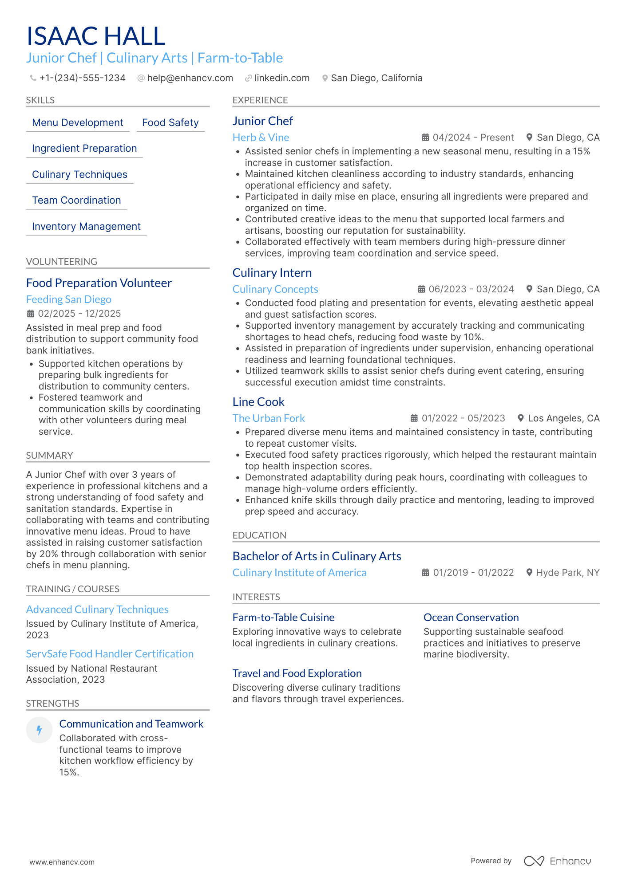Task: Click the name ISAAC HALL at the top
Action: [x=96, y=36]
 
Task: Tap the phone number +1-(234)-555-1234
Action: [x=82, y=78]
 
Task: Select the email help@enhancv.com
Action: [x=190, y=78]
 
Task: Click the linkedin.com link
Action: [x=281, y=78]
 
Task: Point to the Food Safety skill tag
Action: [x=170, y=123]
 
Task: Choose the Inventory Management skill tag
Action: [x=86, y=227]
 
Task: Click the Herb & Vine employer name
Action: [x=261, y=138]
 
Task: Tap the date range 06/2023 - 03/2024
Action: [x=471, y=289]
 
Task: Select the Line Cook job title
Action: [x=258, y=402]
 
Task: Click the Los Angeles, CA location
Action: [x=563, y=418]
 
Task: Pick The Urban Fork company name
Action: [x=269, y=418]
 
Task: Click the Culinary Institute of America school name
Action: [x=299, y=573]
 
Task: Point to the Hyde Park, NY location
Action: [x=567, y=573]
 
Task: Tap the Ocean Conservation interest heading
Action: [x=471, y=618]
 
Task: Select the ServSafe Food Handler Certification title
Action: [x=110, y=654]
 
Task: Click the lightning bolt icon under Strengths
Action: [x=40, y=730]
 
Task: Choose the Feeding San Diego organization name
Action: [x=69, y=299]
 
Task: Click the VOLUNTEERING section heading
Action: [x=62, y=262]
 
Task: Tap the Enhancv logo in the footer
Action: [x=557, y=861]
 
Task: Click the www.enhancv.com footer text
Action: [x=62, y=862]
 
